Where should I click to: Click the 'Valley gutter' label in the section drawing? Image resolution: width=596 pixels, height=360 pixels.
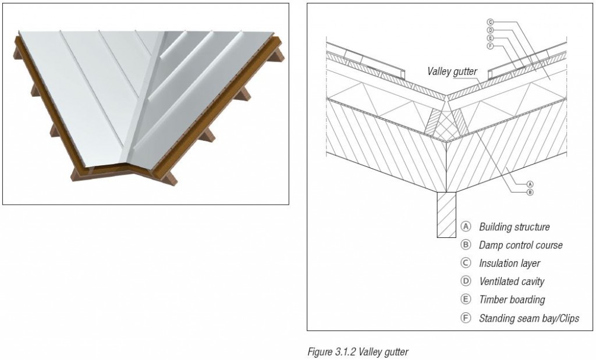(452, 72)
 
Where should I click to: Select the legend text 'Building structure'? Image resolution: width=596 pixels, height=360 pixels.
(514, 227)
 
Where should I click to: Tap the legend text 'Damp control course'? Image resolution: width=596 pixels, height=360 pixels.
(520, 245)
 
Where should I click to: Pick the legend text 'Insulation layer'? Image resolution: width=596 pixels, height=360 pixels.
(509, 263)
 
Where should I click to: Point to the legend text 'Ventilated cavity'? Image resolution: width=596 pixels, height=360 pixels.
(511, 281)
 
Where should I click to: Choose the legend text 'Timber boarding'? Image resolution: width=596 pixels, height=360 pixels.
(512, 300)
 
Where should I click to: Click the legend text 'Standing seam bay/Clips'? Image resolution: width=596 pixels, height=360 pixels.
(528, 319)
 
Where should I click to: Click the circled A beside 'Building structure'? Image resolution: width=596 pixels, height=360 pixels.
(465, 227)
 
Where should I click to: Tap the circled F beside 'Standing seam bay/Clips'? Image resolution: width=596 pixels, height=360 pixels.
(465, 319)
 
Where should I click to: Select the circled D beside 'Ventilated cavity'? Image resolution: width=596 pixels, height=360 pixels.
(465, 281)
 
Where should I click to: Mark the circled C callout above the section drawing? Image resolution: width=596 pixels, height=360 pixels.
(490, 22)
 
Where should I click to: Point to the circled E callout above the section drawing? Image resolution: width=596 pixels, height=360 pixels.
(490, 37)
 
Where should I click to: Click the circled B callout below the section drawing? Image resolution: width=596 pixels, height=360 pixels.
(529, 191)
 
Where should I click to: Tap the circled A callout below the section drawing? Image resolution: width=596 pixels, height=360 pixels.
(529, 183)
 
